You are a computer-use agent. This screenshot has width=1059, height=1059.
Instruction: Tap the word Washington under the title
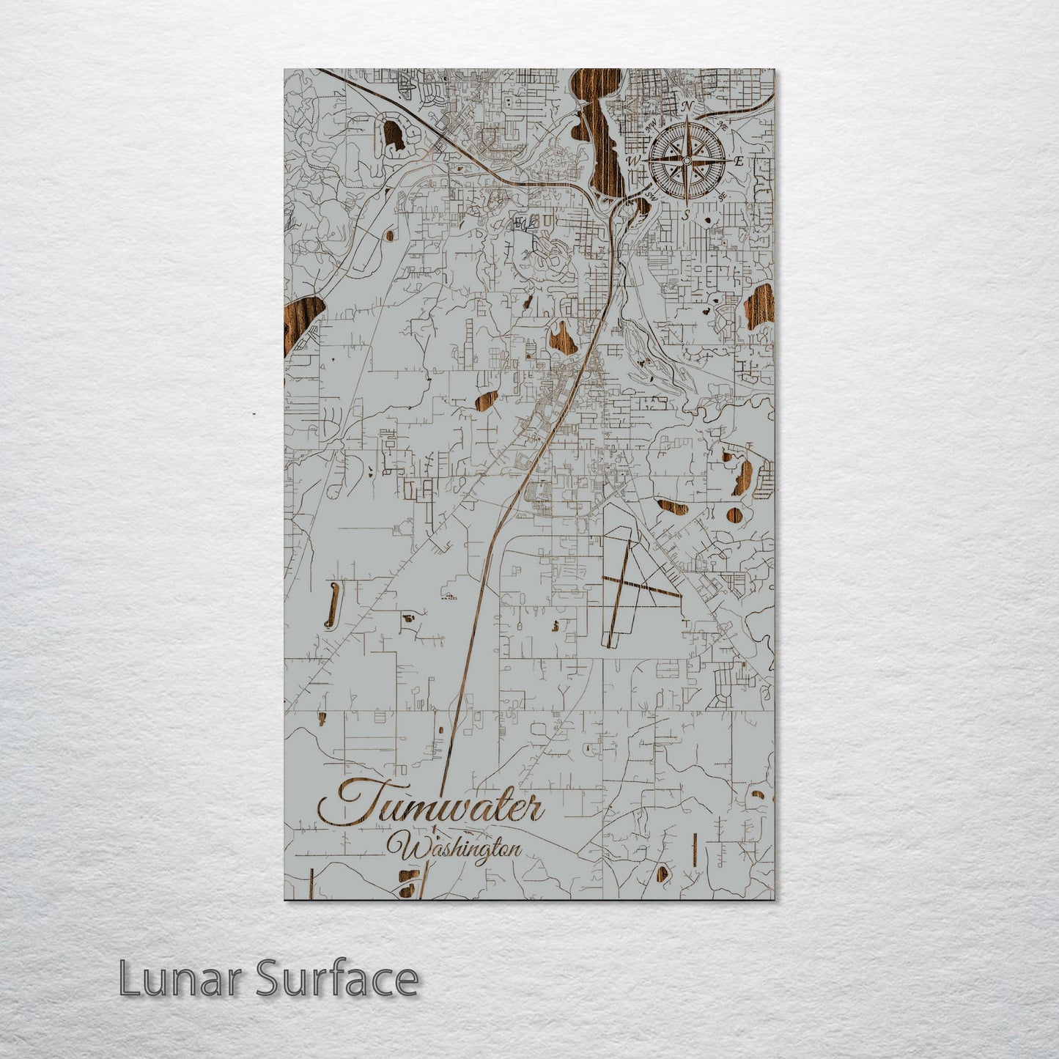(460, 850)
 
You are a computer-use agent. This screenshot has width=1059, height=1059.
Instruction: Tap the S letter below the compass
(686, 215)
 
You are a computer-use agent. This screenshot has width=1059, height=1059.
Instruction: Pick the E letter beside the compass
(739, 160)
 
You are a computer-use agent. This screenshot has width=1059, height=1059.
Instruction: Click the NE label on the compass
(723, 125)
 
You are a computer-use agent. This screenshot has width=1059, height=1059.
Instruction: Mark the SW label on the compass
(651, 195)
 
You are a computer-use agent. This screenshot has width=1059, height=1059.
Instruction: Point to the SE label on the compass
(723, 196)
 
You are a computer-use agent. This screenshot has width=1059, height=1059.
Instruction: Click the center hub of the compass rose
(687, 160)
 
